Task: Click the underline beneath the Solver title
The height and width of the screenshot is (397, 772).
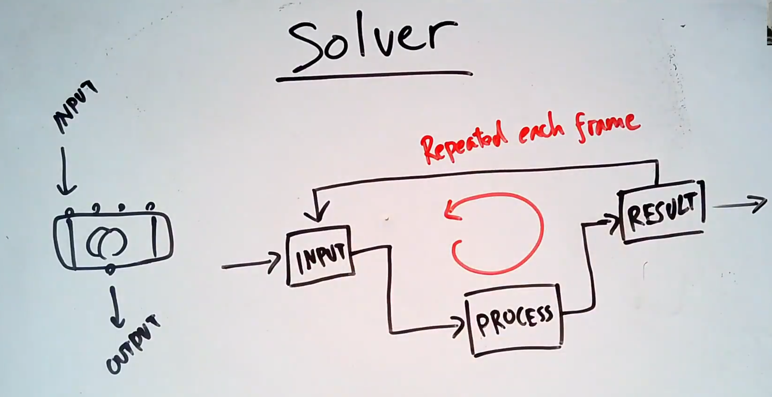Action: click(x=374, y=76)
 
